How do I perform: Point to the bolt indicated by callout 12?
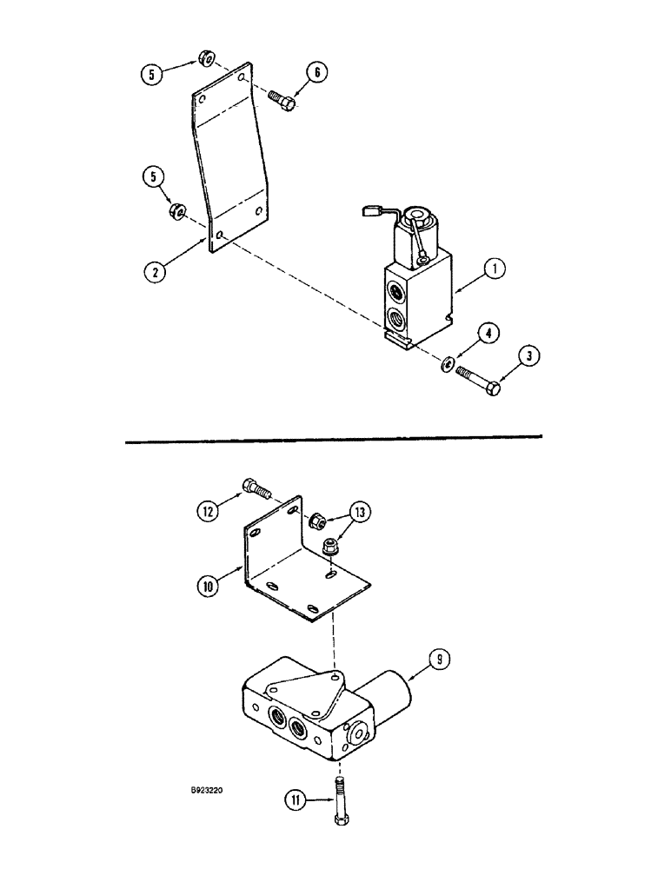[x=257, y=488]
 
